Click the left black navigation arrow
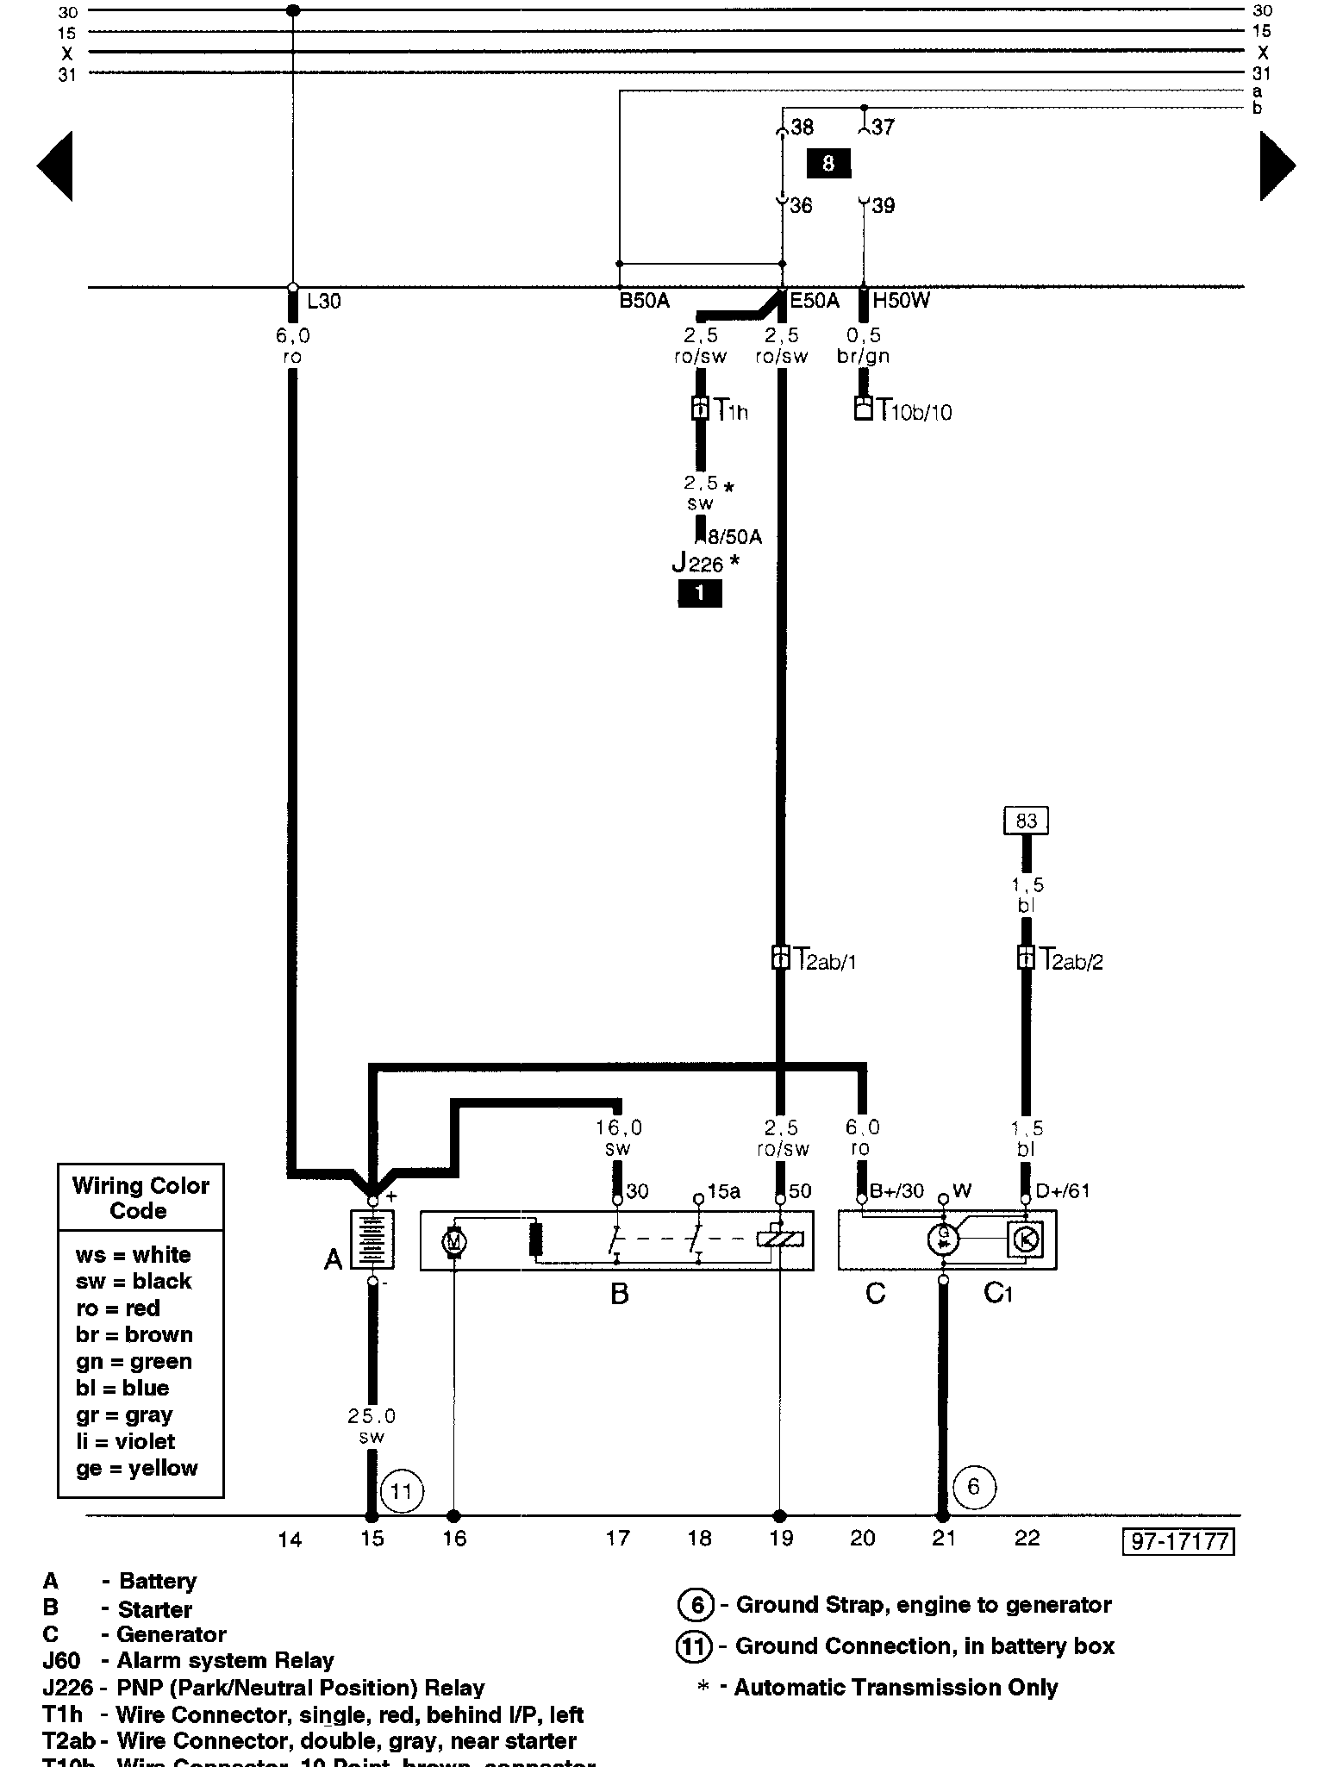pos(55,165)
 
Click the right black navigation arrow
pos(1277,165)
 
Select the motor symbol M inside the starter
pos(453,1242)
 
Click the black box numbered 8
pos(827,163)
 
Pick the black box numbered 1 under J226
pos(699,593)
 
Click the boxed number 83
pos(1026,821)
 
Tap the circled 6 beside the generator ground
pos(974,1486)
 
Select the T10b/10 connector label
pos(914,411)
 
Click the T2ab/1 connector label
pos(825,959)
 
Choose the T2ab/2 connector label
pos(1071,959)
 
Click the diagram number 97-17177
pos(1178,1541)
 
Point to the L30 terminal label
pos(324,302)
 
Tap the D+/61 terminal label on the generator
pos(1063,1191)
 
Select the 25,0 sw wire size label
pos(372,1427)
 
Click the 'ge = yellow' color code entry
pos(136,1469)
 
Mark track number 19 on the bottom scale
pos(781,1539)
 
